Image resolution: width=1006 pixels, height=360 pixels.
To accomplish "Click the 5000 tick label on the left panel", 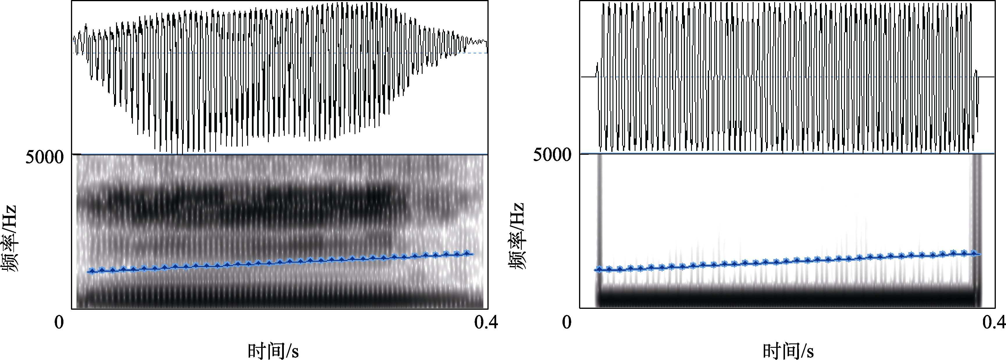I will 44,157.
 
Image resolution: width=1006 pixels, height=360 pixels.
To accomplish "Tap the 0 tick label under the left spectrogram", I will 59,322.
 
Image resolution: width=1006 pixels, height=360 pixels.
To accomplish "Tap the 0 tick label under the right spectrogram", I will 567,322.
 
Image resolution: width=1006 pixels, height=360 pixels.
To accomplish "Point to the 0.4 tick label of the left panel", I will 486,322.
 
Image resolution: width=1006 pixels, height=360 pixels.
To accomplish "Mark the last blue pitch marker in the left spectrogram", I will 467,253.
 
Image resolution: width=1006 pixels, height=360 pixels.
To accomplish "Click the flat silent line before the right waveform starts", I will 588,77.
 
